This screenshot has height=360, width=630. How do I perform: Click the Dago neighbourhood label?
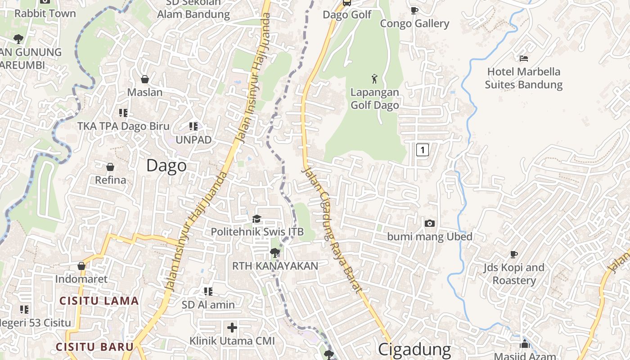pos(166,166)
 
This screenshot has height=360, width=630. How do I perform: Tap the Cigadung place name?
pos(414,350)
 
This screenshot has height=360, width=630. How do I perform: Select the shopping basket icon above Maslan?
pos(145,79)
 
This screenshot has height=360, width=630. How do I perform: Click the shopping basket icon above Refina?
pos(110,167)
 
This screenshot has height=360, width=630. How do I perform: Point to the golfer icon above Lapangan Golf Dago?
pos(374,79)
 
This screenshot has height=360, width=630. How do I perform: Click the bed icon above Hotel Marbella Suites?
pos(523,58)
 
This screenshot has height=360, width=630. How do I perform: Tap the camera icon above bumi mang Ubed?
pos(430,223)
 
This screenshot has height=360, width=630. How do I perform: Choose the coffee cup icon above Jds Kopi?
pos(513,254)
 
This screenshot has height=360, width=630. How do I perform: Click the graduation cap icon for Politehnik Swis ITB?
pos(256,219)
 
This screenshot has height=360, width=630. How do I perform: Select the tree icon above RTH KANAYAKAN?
pos(274,252)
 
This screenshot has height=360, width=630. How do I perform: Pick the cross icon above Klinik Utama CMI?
pos(232,327)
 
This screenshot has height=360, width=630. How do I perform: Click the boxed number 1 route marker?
pos(422,149)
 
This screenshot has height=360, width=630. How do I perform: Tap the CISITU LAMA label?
pos(99,301)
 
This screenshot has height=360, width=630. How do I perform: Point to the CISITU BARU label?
pos(94,347)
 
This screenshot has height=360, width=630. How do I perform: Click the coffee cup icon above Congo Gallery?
pos(414,10)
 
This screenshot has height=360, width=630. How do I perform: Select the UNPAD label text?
pos(193,140)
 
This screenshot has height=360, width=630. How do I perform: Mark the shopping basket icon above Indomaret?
pos(81,266)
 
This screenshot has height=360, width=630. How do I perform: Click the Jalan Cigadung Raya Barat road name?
pos(333,229)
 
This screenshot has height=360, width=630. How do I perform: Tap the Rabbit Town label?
pos(45,13)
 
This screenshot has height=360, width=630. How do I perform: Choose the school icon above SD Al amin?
pos(208,292)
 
